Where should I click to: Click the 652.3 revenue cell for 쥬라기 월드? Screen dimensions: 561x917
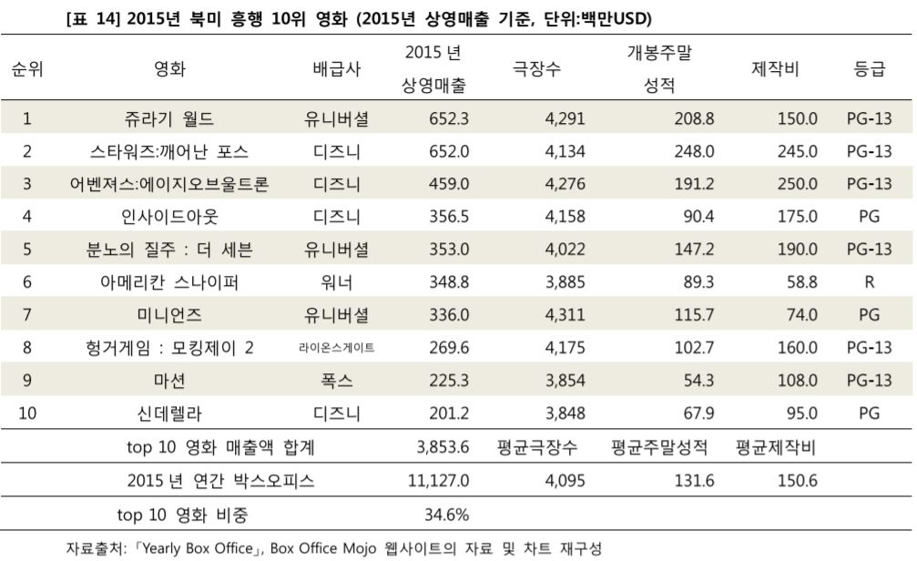[x=449, y=118]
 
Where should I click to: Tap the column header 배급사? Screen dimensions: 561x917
[x=336, y=70]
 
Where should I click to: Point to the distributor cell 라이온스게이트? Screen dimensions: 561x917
[x=336, y=348]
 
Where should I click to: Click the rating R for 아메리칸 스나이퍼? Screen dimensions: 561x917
[x=869, y=282]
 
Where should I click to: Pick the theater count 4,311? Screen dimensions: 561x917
[x=565, y=315]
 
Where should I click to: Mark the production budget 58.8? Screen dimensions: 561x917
[x=801, y=282]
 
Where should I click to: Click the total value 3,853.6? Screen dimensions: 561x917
[x=443, y=448]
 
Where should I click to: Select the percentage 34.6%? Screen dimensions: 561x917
[x=446, y=515]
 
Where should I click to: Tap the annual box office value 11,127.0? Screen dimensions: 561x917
[x=439, y=482]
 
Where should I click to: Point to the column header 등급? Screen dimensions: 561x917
[x=869, y=70]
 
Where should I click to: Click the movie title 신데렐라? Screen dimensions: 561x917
[x=169, y=413]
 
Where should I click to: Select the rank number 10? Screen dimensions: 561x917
[x=27, y=413]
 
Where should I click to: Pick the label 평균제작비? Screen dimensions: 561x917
[x=775, y=448]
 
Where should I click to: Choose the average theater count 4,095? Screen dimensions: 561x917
[x=565, y=482]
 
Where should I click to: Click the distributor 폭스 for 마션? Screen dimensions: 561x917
[x=336, y=381]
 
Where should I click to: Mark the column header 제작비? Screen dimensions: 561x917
[x=775, y=70]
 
